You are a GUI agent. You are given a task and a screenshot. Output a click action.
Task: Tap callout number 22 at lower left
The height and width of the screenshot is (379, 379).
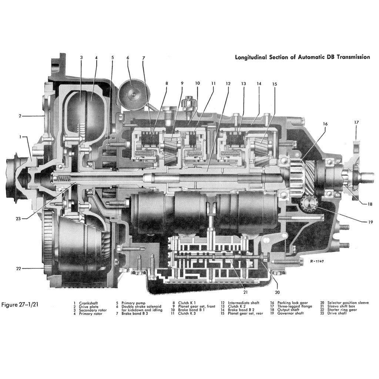(19, 268)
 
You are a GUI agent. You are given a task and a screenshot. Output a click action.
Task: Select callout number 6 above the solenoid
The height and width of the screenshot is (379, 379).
(128, 58)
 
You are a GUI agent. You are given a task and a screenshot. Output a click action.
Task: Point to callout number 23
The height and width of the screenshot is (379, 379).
(19, 218)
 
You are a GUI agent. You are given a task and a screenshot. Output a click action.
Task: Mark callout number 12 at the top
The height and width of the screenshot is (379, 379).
(228, 84)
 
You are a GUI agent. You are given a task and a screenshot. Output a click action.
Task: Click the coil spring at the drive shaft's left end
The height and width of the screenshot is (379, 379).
(61, 179)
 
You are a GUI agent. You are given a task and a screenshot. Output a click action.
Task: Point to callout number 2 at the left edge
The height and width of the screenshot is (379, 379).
(20, 116)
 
